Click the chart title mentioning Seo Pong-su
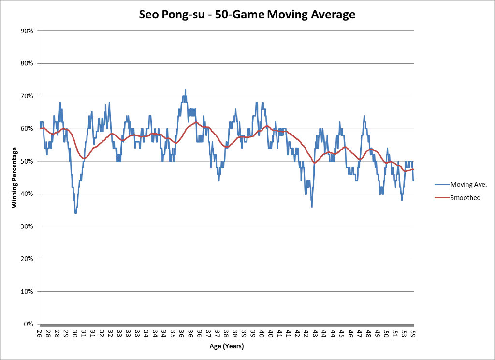click(x=247, y=15)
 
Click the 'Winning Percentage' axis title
click(x=15, y=178)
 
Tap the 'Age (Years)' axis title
click(x=227, y=346)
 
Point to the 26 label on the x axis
click(x=39, y=334)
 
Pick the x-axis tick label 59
click(x=413, y=334)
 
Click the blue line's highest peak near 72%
click(x=185, y=90)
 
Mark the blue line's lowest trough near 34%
click(x=76, y=213)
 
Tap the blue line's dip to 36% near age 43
click(x=312, y=207)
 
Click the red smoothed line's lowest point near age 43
click(x=315, y=163)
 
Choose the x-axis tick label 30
click(x=75, y=334)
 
